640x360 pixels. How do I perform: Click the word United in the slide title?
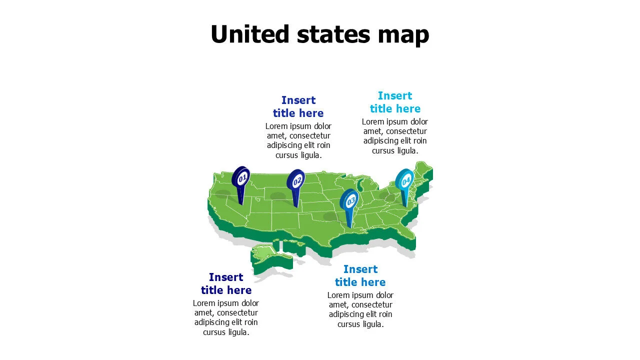coord(250,34)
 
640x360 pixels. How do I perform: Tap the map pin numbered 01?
coord(241,178)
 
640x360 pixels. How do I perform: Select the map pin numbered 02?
coord(296,181)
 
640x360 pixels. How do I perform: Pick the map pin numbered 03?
coord(349,200)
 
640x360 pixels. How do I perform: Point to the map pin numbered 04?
coord(404,181)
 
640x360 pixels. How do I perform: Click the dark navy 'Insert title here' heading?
coord(226,283)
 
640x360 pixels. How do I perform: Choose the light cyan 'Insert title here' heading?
coord(395,102)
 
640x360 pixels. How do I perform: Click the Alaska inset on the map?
coord(267,255)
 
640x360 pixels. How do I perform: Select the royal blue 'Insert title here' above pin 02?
coord(298,106)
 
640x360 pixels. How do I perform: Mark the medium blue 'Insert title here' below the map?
coord(360,275)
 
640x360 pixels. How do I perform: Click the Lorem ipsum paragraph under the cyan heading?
coord(395,136)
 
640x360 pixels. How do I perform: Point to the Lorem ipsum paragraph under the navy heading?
coord(226,317)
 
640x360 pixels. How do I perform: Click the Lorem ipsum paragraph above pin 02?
coord(298,140)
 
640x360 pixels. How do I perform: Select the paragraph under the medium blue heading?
coord(360,309)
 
